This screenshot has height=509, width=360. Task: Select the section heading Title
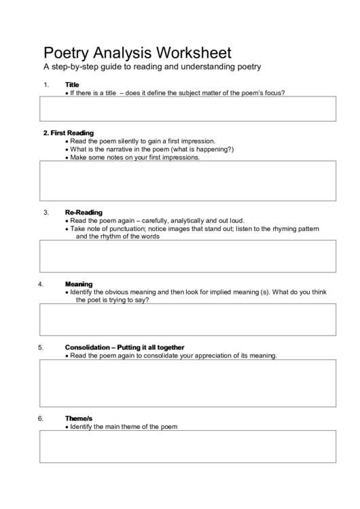coord(72,84)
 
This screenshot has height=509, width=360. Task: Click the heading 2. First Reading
coord(68,133)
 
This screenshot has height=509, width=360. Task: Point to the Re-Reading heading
coord(84,212)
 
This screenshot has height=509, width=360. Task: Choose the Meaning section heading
coord(79,283)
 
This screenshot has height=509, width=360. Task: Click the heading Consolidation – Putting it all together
coord(124,347)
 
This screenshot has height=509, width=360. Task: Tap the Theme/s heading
coord(78,418)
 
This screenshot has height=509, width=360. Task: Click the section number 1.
coord(46,84)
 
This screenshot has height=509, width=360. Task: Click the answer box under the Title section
coord(188,109)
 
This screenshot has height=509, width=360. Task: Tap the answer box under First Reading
coord(188,180)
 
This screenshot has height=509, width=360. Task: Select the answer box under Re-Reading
coord(188,256)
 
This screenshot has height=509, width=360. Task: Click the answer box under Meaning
coord(188,319)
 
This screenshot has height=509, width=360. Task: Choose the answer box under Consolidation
coord(188,383)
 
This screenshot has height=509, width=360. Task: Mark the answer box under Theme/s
coord(188,446)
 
